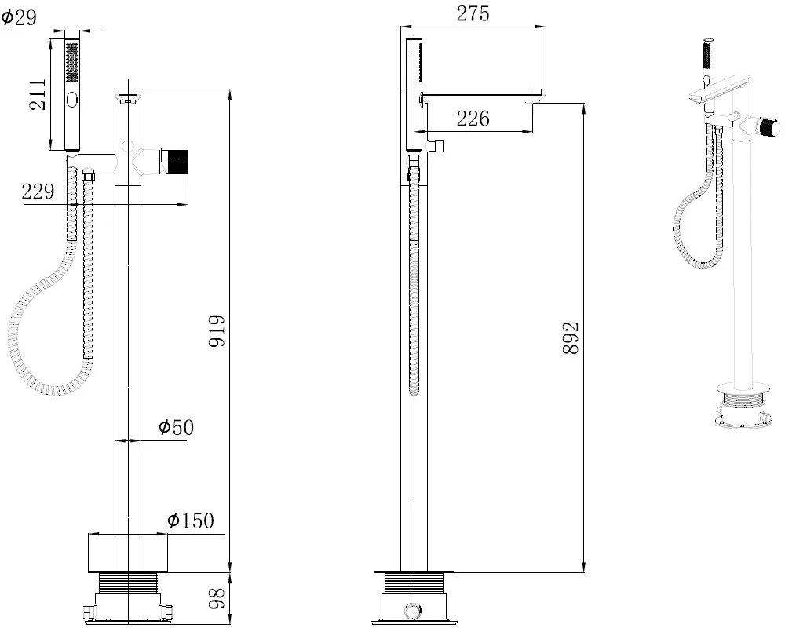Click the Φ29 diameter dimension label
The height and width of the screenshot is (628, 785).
coord(19,18)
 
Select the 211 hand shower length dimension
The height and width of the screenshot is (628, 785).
coord(37,95)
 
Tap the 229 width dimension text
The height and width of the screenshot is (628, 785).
coord(38,192)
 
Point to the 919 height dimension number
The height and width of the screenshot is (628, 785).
coord(217,331)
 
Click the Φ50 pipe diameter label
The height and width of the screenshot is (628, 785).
coord(176,427)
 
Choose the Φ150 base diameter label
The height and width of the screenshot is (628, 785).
coord(190,520)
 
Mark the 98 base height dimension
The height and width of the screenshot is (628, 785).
coord(217,599)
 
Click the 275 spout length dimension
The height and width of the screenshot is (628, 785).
coord(473,14)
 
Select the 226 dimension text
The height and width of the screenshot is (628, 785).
coord(473,119)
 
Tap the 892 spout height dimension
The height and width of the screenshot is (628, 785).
coord(571,338)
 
